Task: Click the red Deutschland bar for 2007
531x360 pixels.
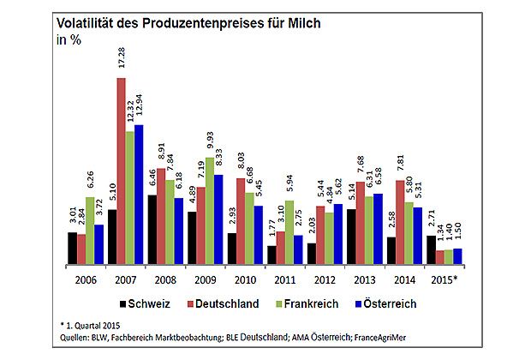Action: pyautogui.click(x=120, y=171)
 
